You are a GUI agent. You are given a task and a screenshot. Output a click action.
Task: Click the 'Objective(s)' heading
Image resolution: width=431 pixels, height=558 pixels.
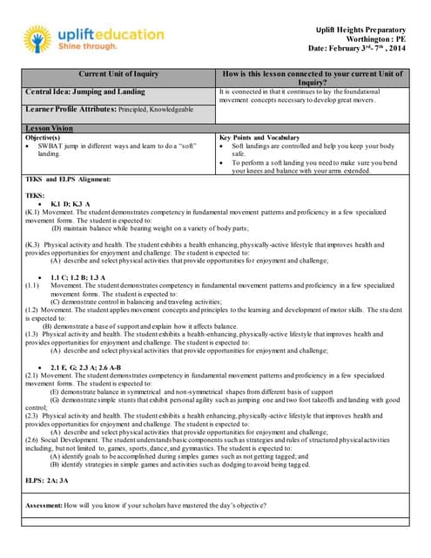pos(43,137)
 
